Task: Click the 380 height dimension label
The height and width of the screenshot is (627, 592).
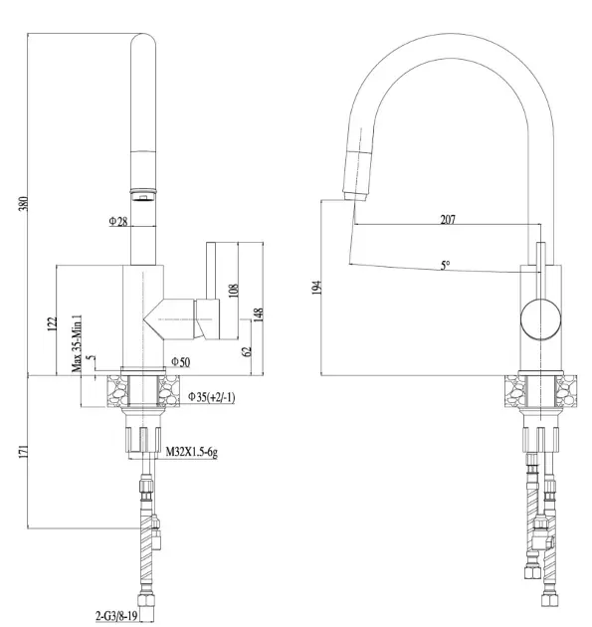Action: (24, 204)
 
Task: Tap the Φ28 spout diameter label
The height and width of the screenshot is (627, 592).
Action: (118, 221)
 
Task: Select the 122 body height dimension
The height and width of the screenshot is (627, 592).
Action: (53, 324)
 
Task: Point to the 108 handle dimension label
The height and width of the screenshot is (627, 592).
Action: (234, 291)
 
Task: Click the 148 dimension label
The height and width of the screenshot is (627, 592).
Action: (259, 314)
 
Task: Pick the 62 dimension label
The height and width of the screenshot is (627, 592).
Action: (247, 352)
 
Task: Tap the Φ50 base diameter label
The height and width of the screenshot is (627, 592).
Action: (181, 362)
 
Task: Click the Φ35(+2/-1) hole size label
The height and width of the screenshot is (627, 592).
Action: (212, 397)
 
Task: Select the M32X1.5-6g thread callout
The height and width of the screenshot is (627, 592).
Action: (191, 452)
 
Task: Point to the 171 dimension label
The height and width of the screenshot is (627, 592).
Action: (24, 452)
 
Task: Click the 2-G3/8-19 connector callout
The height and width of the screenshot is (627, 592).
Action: (116, 616)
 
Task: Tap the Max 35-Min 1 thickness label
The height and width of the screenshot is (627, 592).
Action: (77, 343)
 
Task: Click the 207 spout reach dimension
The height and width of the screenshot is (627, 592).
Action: (448, 219)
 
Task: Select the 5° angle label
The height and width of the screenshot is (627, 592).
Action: (446, 265)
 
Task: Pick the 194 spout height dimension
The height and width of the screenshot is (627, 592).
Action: (316, 288)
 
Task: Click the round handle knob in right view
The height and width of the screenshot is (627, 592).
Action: (540, 319)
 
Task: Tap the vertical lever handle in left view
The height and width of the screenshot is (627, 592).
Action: (211, 271)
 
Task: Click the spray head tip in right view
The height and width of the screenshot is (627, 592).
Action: (354, 196)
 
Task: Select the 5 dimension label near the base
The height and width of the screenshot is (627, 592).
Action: (93, 357)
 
